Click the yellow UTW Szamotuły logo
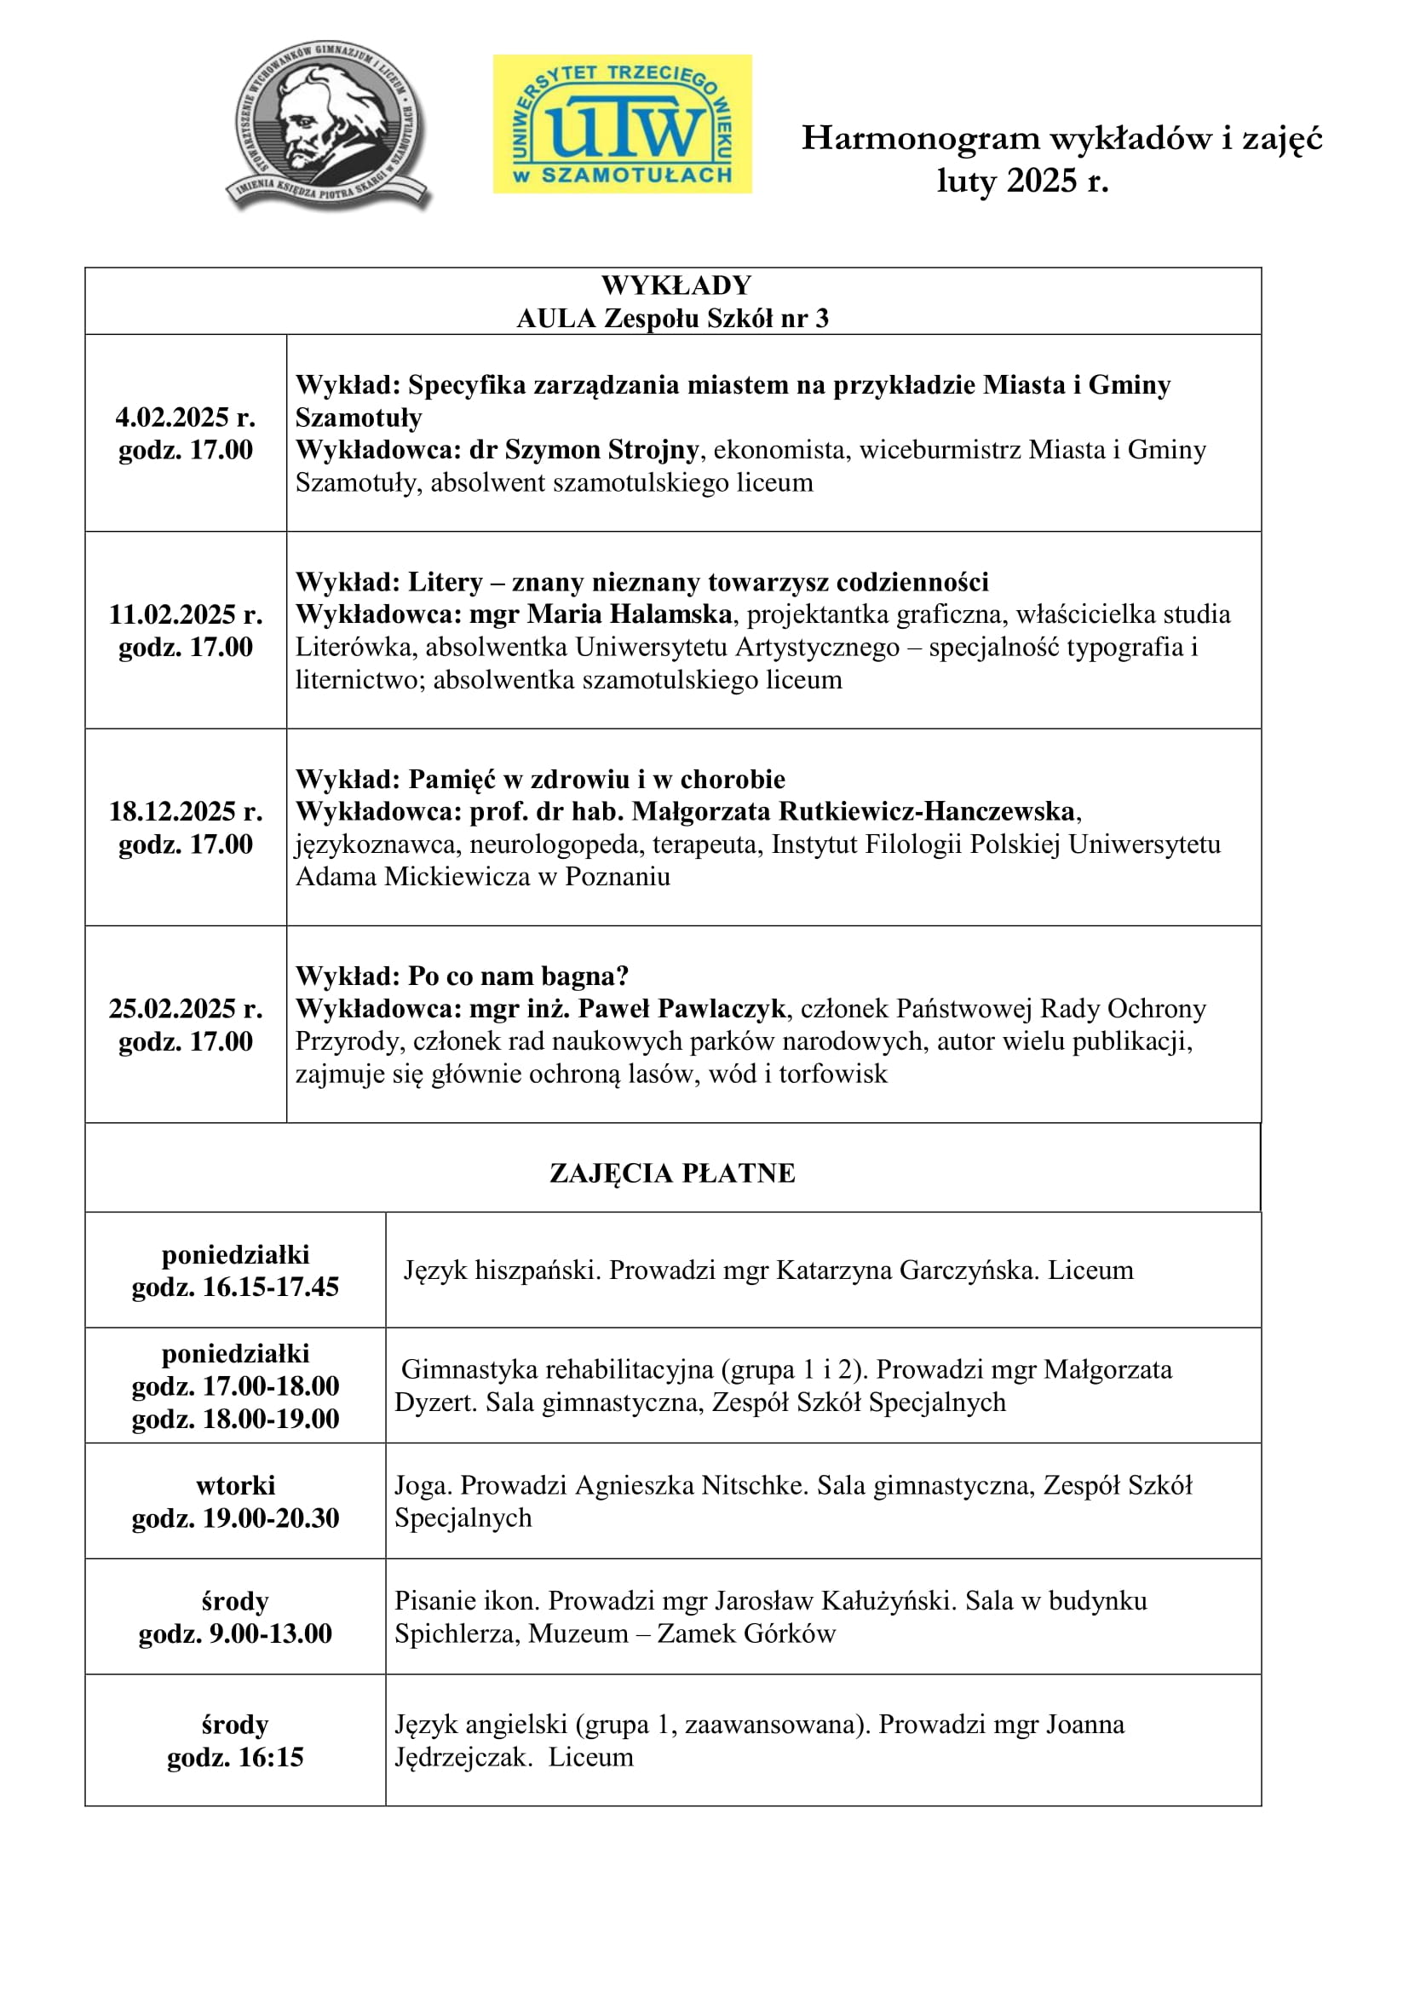coord(622,124)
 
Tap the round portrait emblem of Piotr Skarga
coord(329,124)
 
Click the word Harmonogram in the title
coord(921,138)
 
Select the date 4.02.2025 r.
coord(186,418)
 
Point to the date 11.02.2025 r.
coord(186,614)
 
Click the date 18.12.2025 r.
coord(186,812)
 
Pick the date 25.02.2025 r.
coord(186,1009)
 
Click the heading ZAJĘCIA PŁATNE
coord(672,1172)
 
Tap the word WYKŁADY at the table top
coord(676,285)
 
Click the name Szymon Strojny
coord(602,450)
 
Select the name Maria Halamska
coord(630,614)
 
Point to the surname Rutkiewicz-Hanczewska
coord(927,812)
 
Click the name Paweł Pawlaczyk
coord(682,1009)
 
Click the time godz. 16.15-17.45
coord(235,1287)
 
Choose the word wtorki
coord(235,1485)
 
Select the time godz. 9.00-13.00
coord(235,1633)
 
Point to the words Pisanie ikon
coord(467,1601)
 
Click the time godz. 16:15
coord(235,1757)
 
